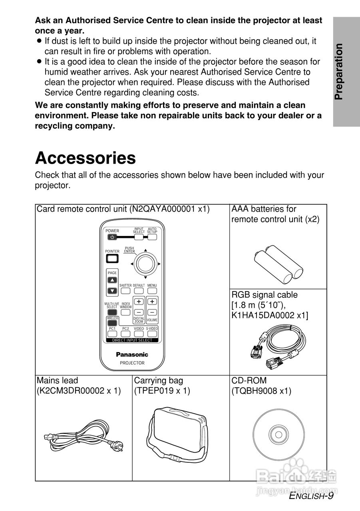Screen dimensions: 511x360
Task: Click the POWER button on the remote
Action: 112,237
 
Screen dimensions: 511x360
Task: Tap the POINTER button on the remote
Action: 112,258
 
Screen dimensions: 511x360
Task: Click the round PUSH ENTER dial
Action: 145,264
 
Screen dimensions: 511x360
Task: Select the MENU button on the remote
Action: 152,291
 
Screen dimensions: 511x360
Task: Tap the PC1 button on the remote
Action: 112,333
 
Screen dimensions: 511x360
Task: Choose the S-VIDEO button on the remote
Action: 152,333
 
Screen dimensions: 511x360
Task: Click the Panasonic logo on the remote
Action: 132,354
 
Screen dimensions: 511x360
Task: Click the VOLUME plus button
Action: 152,301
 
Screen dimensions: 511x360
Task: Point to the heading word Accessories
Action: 86,158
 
